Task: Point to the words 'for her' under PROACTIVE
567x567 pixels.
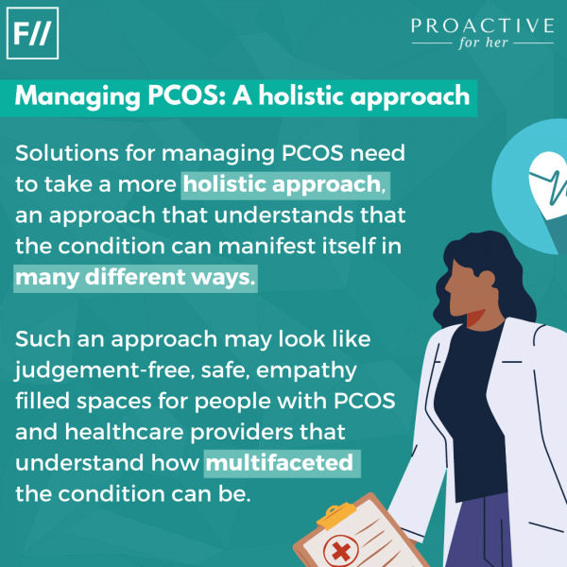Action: [x=482, y=45]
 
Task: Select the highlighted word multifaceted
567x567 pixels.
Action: [x=280, y=463]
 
